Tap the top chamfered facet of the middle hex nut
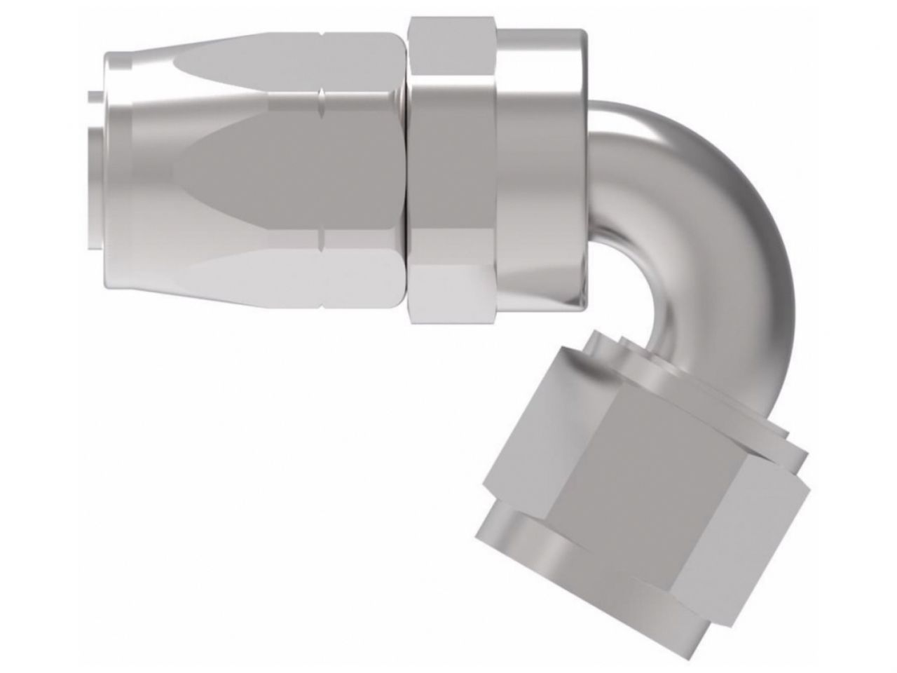pos(452,49)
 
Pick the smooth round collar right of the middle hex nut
pos(540,175)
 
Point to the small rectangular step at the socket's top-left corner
pos(116,60)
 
